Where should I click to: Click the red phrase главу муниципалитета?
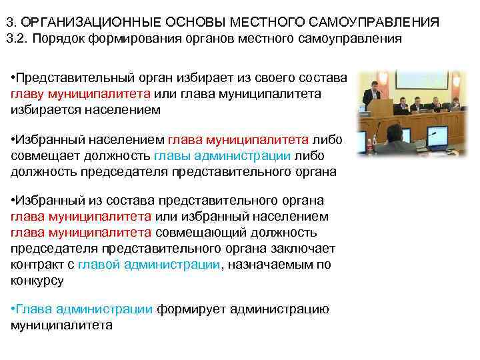pos(80,94)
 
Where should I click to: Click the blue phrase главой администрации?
pos(148,265)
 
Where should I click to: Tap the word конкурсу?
pos(37,280)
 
